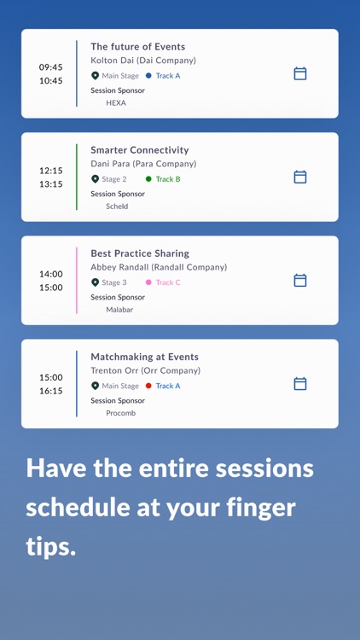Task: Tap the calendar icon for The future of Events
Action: (300, 73)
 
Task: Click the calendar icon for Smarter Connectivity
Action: (300, 177)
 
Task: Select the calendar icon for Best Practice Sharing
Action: (300, 280)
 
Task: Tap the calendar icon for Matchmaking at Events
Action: (300, 384)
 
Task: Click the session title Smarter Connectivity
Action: (140, 150)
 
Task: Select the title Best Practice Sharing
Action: (140, 253)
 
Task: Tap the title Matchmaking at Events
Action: (144, 357)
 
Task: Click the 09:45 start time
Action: (50, 67)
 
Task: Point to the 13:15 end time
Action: (50, 184)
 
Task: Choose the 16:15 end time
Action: (50, 391)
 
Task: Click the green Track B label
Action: (168, 179)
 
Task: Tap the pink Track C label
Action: (168, 282)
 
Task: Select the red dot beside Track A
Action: (148, 386)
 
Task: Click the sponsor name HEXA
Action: (116, 103)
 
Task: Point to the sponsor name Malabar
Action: (119, 310)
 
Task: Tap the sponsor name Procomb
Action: (120, 413)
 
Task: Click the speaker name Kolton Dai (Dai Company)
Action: (143, 61)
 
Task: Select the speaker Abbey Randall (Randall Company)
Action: (159, 267)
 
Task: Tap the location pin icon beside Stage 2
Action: (96, 179)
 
